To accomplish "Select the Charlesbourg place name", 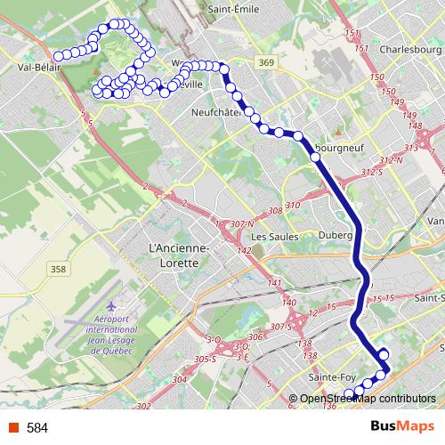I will pos(411,50).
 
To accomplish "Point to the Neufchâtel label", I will pos(217,113).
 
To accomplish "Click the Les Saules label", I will pos(271,236).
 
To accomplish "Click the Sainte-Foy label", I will pos(327,377).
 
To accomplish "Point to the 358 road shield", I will pos(59,268).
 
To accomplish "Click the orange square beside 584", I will pos(12,428).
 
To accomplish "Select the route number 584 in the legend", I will pos(37,428).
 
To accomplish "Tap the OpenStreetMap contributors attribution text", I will pos(368,399).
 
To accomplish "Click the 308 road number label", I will pos(274,211).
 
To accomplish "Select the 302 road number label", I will pos(144,406).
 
